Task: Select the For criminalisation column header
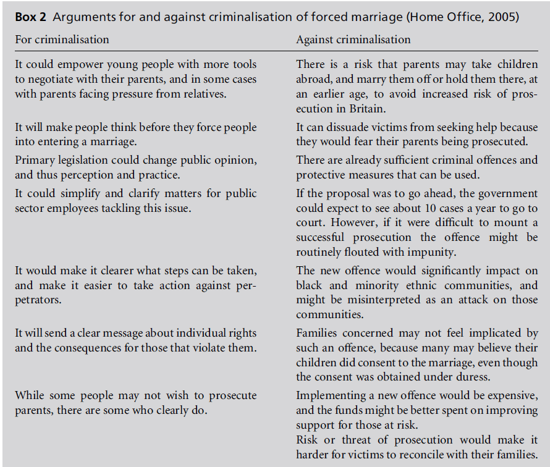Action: (x=62, y=40)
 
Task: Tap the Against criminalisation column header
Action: (x=353, y=40)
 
